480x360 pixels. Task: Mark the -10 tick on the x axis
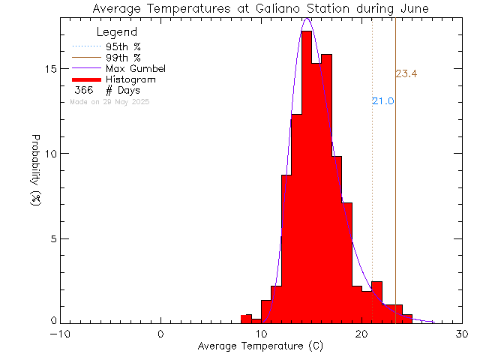click(61, 334)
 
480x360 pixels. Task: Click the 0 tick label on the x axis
click(161, 334)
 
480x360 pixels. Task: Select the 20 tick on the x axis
click(362, 334)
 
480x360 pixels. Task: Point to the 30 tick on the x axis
click(462, 334)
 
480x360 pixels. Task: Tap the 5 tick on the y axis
click(52, 238)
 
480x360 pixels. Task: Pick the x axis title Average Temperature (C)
click(262, 346)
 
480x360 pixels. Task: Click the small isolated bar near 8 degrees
click(246, 319)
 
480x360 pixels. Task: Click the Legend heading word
click(117, 32)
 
